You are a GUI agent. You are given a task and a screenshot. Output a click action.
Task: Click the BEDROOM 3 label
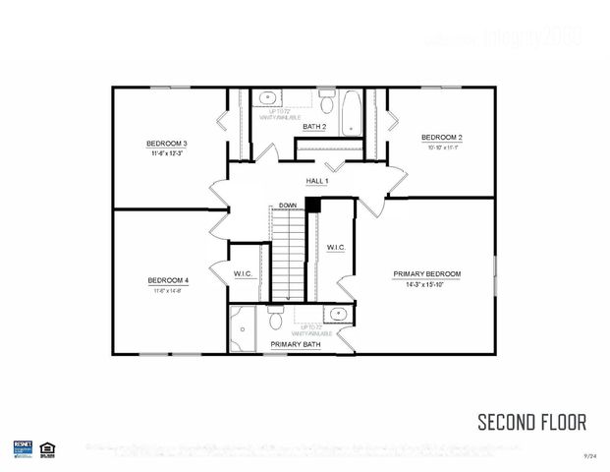tap(168, 144)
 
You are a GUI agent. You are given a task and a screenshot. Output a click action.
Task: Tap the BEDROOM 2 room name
tap(442, 137)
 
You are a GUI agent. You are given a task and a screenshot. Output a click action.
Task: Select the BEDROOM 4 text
tap(168, 279)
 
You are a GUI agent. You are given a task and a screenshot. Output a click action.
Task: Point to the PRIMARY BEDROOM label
tap(426, 273)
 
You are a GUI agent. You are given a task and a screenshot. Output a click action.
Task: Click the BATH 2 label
tap(314, 127)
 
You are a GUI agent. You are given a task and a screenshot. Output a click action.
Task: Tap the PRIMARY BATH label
tap(294, 345)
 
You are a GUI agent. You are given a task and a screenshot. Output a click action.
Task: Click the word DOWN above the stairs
tap(288, 205)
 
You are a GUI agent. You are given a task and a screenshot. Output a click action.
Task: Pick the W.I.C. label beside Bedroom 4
tap(244, 273)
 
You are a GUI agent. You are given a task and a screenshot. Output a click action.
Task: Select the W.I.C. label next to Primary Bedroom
tap(335, 247)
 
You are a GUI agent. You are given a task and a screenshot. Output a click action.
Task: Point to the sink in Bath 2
tap(267, 99)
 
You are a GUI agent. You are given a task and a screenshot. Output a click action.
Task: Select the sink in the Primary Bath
tap(336, 316)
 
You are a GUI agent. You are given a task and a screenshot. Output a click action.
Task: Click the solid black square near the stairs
tap(312, 205)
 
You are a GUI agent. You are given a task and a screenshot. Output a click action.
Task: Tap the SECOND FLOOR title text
tap(531, 423)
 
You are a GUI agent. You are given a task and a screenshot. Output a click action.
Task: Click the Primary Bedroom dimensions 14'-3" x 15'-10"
tap(426, 284)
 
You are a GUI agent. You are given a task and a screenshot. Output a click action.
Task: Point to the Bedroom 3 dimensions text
tap(168, 154)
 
